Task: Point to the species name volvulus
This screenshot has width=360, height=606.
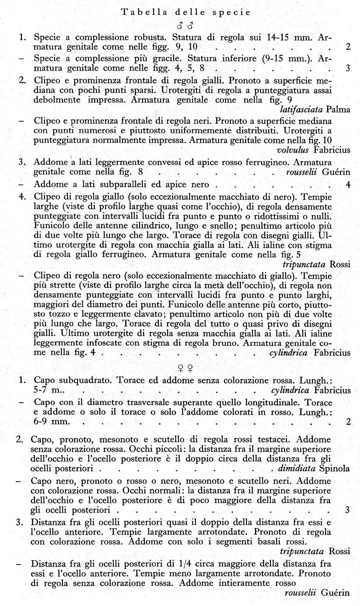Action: pyautogui.click(x=293, y=151)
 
